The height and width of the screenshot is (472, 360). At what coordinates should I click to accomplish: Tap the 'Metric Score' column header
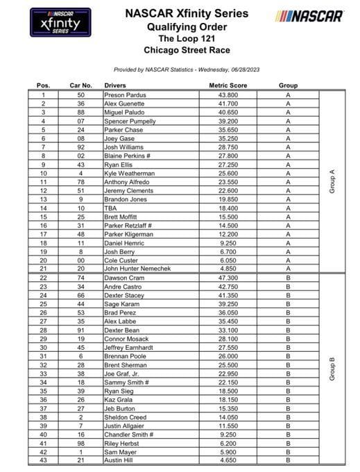click(228, 85)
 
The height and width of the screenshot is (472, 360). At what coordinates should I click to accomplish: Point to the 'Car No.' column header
click(80, 85)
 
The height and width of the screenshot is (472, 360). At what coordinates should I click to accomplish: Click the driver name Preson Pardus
click(125, 94)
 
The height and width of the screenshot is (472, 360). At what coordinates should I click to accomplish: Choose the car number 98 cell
click(81, 443)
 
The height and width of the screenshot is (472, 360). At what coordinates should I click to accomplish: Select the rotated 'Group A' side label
click(332, 182)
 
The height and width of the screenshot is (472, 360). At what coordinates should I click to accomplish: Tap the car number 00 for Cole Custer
click(81, 260)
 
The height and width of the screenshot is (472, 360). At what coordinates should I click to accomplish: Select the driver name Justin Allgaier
click(124, 425)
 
